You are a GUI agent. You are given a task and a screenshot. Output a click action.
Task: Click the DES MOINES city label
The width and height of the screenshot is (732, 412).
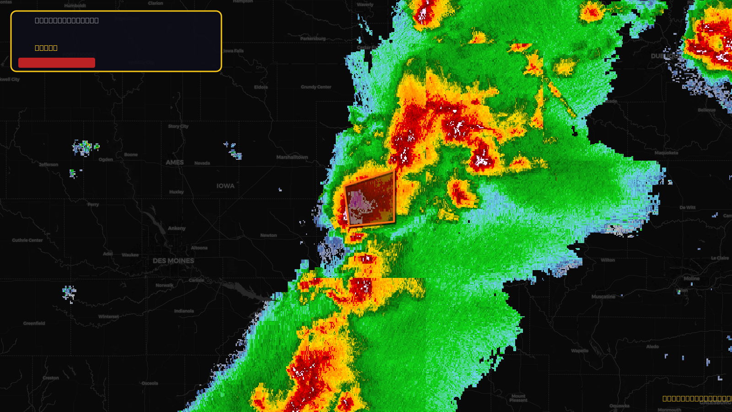coord(173,261)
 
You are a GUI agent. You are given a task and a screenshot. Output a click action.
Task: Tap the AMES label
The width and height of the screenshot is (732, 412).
coord(175,163)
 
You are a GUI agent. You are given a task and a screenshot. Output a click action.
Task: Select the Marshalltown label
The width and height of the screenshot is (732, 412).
coord(292,157)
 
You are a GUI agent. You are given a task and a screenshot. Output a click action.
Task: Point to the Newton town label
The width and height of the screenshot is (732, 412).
coord(269,235)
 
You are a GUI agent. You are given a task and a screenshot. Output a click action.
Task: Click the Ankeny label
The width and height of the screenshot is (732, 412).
coord(177,228)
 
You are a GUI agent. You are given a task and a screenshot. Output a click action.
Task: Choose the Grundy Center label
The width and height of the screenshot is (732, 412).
coord(316,87)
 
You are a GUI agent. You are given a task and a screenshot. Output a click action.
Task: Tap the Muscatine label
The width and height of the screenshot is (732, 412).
coord(603,297)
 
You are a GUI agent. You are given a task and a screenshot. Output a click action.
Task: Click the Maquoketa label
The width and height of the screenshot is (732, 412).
coord(666,153)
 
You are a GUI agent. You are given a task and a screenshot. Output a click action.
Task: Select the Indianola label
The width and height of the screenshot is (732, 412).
coord(184,311)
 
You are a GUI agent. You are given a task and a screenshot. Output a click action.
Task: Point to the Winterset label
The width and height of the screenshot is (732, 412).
coord(108,317)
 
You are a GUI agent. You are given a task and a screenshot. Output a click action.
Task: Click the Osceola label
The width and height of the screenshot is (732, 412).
coord(150,384)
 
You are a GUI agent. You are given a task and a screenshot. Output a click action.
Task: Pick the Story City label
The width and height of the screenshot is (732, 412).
coord(178,126)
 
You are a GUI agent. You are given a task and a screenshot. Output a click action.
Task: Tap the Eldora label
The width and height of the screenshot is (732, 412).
coord(261,87)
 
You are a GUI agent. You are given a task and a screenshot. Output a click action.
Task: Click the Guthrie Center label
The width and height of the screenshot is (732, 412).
coord(27,240)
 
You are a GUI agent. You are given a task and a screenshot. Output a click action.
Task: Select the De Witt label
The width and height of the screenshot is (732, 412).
coord(687,208)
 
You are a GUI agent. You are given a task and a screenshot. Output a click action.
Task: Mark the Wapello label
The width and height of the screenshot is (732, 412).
coord(580,351)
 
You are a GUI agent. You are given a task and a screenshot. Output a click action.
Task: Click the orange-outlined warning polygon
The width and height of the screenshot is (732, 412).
coord(371,199)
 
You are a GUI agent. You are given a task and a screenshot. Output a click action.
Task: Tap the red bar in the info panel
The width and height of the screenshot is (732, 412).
coord(57,63)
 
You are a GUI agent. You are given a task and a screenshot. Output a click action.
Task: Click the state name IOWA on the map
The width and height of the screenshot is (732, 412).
coord(226,186)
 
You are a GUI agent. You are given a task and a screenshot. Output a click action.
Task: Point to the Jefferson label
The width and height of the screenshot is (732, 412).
coord(48,165)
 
